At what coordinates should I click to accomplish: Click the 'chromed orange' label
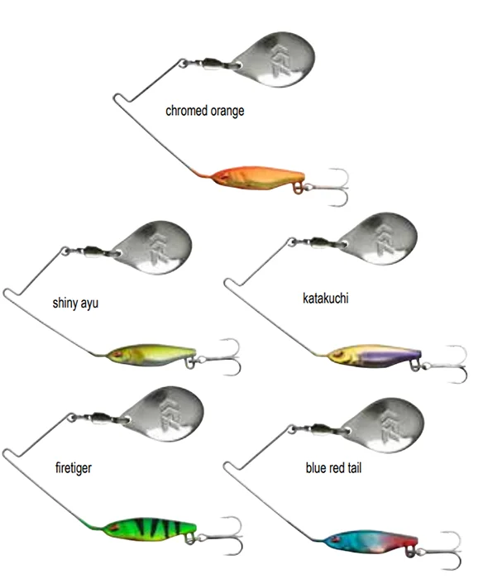204,111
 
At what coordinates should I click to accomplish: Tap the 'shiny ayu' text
75,304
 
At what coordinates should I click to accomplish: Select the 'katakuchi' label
325,298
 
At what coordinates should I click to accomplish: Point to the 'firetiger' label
74,468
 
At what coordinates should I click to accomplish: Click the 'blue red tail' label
333,468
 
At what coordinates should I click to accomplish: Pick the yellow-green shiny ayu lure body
151,355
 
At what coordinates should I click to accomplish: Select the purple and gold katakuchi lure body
374,357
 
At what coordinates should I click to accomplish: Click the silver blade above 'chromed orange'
275,60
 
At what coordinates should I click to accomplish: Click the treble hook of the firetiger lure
221,536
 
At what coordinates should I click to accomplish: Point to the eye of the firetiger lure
117,528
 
